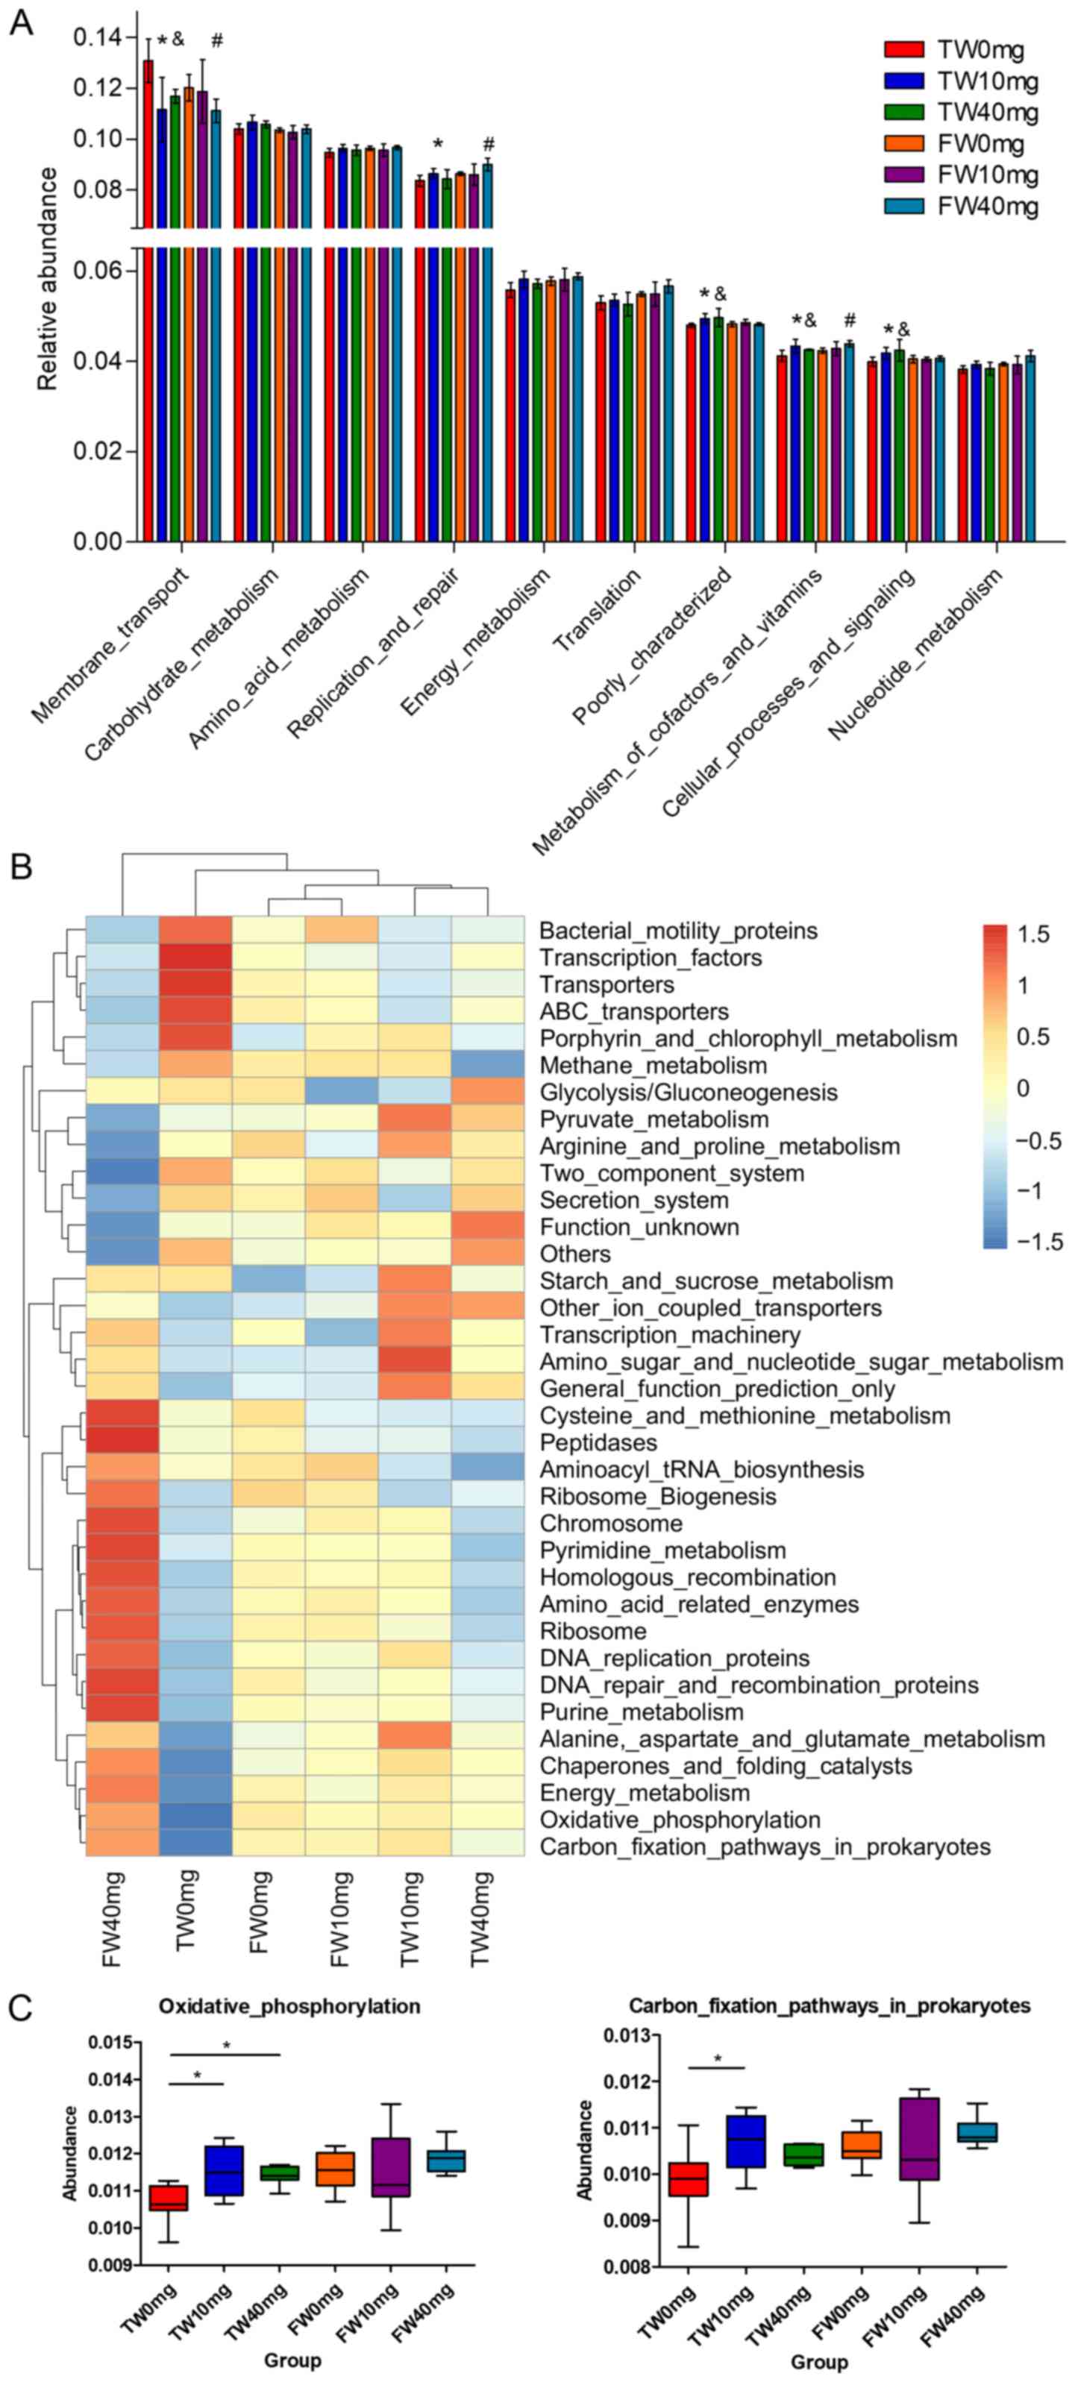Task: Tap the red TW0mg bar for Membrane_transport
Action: tap(148, 305)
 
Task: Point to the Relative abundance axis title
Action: tap(46, 278)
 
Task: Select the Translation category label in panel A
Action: tap(596, 610)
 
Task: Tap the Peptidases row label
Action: tap(598, 1442)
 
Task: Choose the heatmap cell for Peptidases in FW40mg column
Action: tap(122, 1442)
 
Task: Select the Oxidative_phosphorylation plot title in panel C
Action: tap(289, 2007)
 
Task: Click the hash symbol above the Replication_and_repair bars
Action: tap(489, 143)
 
